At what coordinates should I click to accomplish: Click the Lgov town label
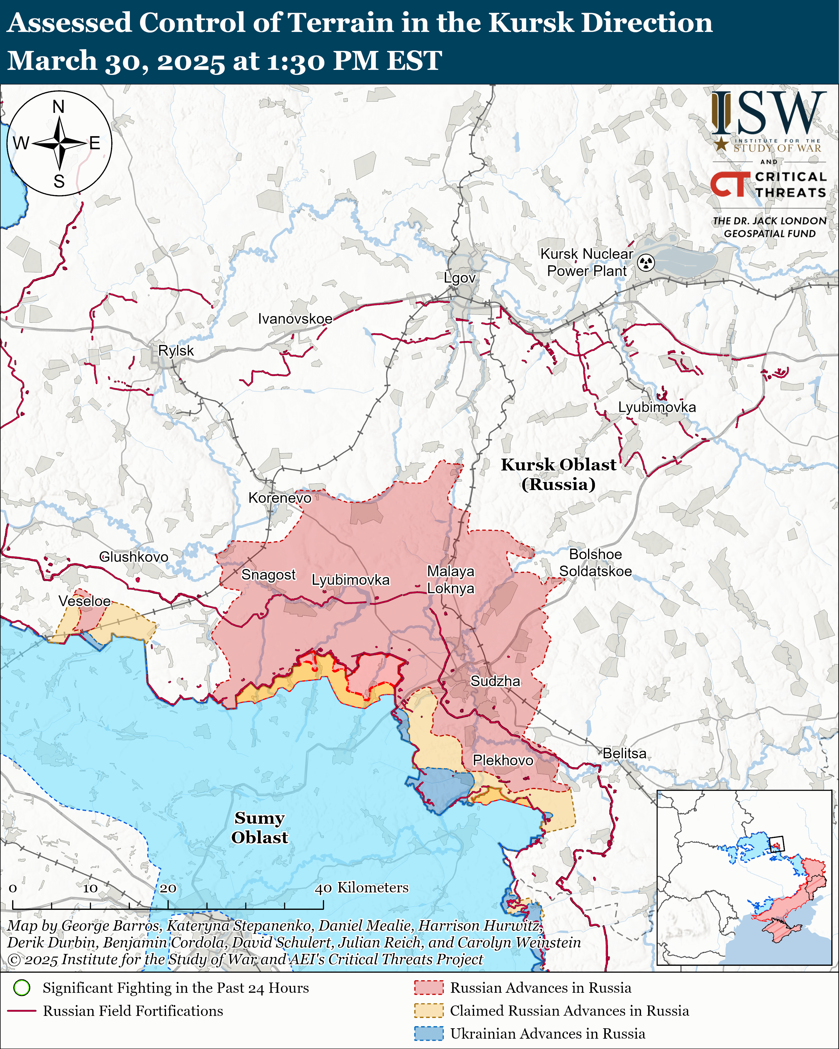(x=459, y=278)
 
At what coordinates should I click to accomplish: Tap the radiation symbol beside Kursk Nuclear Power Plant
(x=646, y=263)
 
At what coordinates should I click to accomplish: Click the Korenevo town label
(x=280, y=498)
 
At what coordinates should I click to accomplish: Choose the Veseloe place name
(x=85, y=601)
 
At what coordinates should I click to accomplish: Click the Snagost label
(x=268, y=575)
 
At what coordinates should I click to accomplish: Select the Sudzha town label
(x=495, y=681)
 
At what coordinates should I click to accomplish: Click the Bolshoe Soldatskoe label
(x=595, y=563)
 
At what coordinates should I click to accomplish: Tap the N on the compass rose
(x=58, y=107)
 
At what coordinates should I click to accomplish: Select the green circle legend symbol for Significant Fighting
(x=22, y=988)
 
